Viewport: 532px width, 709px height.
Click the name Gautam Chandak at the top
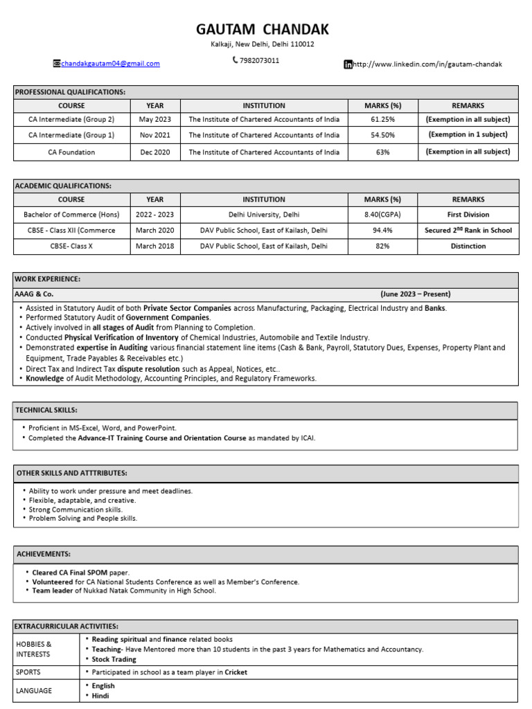point(263,29)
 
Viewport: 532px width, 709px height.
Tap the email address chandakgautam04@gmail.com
point(110,64)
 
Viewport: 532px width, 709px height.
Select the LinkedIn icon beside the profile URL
point(348,64)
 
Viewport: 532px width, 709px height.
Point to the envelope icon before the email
point(57,64)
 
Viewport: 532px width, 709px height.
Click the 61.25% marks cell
point(383,119)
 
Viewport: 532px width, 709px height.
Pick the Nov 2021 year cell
point(155,135)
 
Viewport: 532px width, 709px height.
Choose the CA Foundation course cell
point(71,152)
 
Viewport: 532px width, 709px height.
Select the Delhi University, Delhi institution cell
point(264,215)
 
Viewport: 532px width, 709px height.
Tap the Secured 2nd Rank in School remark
point(468,231)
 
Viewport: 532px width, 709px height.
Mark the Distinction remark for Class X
point(468,246)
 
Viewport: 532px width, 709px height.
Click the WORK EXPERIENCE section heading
point(47,279)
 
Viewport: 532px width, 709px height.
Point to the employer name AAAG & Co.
point(34,294)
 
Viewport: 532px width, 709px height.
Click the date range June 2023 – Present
point(415,294)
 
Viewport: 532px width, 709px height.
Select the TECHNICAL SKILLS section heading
point(46,411)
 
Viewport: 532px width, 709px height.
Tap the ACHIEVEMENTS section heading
point(42,554)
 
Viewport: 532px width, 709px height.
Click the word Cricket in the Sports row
point(236,672)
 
